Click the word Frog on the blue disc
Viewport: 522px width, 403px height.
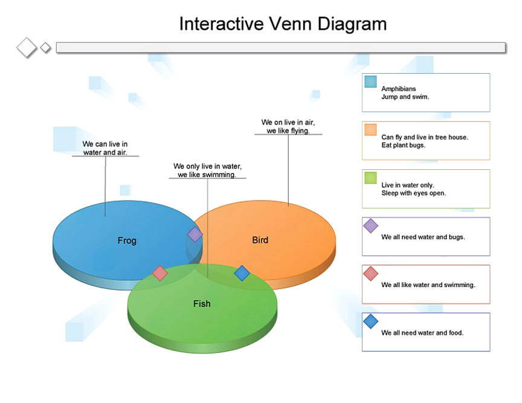pyautogui.click(x=127, y=240)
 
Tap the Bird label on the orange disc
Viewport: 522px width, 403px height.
pyautogui.click(x=260, y=240)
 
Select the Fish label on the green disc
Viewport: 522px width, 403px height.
pyautogui.click(x=202, y=303)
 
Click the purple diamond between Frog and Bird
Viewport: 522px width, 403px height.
pyautogui.click(x=195, y=234)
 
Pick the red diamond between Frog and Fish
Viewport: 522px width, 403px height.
pyautogui.click(x=159, y=273)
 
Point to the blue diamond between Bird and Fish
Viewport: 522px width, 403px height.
pyautogui.click(x=242, y=273)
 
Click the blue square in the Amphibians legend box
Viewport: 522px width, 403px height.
pyautogui.click(x=370, y=82)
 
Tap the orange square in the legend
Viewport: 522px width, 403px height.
pyautogui.click(x=370, y=129)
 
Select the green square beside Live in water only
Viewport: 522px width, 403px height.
pyautogui.click(x=370, y=178)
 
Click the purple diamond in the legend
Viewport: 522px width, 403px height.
pyautogui.click(x=370, y=226)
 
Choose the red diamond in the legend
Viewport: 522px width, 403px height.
pyautogui.click(x=370, y=274)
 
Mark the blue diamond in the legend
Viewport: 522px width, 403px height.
pyautogui.click(x=370, y=321)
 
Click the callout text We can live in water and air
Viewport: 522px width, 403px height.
pyautogui.click(x=105, y=148)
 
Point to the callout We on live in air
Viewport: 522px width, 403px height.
pyautogui.click(x=288, y=126)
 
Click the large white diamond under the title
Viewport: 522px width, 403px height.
pyautogui.click(x=27, y=48)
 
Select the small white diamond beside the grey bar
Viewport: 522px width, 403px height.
pyautogui.click(x=45, y=48)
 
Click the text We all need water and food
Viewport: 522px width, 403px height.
pyautogui.click(x=422, y=332)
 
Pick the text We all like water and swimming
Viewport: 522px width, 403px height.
pyautogui.click(x=428, y=285)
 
